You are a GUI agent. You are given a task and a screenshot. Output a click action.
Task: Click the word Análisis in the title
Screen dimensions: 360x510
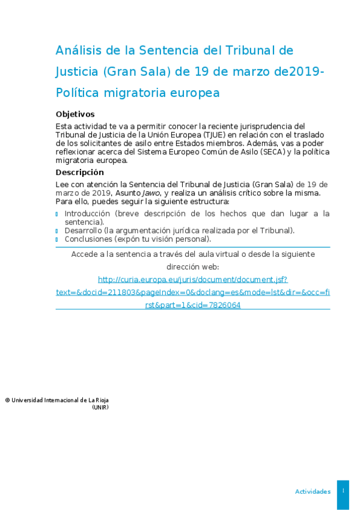78,50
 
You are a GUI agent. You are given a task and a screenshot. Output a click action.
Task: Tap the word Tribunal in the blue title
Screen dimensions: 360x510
253,50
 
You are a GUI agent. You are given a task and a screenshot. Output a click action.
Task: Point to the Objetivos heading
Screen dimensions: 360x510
75,114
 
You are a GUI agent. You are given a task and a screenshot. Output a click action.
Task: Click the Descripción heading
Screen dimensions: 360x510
80,172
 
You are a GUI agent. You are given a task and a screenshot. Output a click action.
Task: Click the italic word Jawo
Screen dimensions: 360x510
150,193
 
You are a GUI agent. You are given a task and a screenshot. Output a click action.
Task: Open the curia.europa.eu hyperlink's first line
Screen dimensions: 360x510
193,280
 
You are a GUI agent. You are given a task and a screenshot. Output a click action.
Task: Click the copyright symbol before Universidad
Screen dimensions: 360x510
7,400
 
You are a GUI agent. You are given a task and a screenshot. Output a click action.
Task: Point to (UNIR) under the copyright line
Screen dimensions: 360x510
100,407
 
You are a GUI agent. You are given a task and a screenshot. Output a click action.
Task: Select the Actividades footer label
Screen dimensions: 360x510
313,491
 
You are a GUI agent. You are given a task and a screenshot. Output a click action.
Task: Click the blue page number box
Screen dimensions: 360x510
343,491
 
